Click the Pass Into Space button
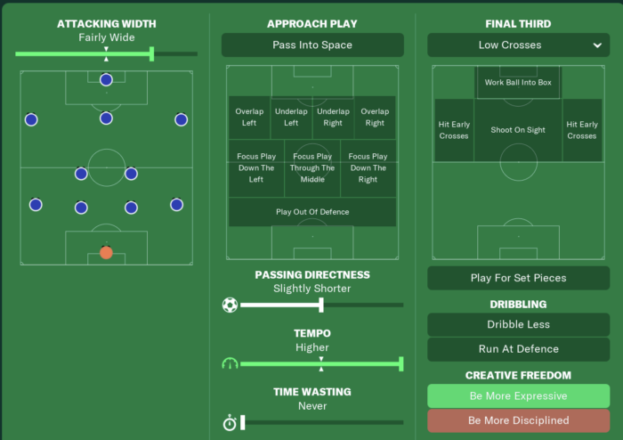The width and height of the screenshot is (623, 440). tap(311, 45)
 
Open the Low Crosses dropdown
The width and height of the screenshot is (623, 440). tap(518, 45)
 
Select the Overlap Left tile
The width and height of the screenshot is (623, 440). tap(249, 117)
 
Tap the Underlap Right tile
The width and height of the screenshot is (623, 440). tap(333, 117)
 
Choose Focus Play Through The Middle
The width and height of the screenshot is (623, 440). tap(311, 167)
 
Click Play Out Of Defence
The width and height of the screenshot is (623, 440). tap(311, 212)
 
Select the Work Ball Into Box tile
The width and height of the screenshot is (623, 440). tap(518, 82)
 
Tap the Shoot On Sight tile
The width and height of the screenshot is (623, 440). tap(518, 130)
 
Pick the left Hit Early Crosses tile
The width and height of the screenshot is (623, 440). tap(454, 130)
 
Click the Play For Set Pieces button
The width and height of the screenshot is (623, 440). tap(518, 278)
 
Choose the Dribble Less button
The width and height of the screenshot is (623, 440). tap(518, 324)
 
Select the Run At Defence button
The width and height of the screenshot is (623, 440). tap(518, 349)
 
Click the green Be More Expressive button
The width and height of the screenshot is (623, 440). tap(518, 395)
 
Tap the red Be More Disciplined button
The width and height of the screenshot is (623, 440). tap(518, 420)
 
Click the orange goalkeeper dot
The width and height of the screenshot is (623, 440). tap(107, 252)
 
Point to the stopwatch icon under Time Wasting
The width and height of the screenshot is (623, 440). tap(230, 423)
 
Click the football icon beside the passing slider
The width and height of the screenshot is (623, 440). tap(230, 305)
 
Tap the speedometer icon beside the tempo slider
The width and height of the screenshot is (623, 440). tap(230, 363)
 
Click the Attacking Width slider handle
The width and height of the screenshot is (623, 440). tap(152, 54)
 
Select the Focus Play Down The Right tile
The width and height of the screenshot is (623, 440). tap(368, 167)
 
